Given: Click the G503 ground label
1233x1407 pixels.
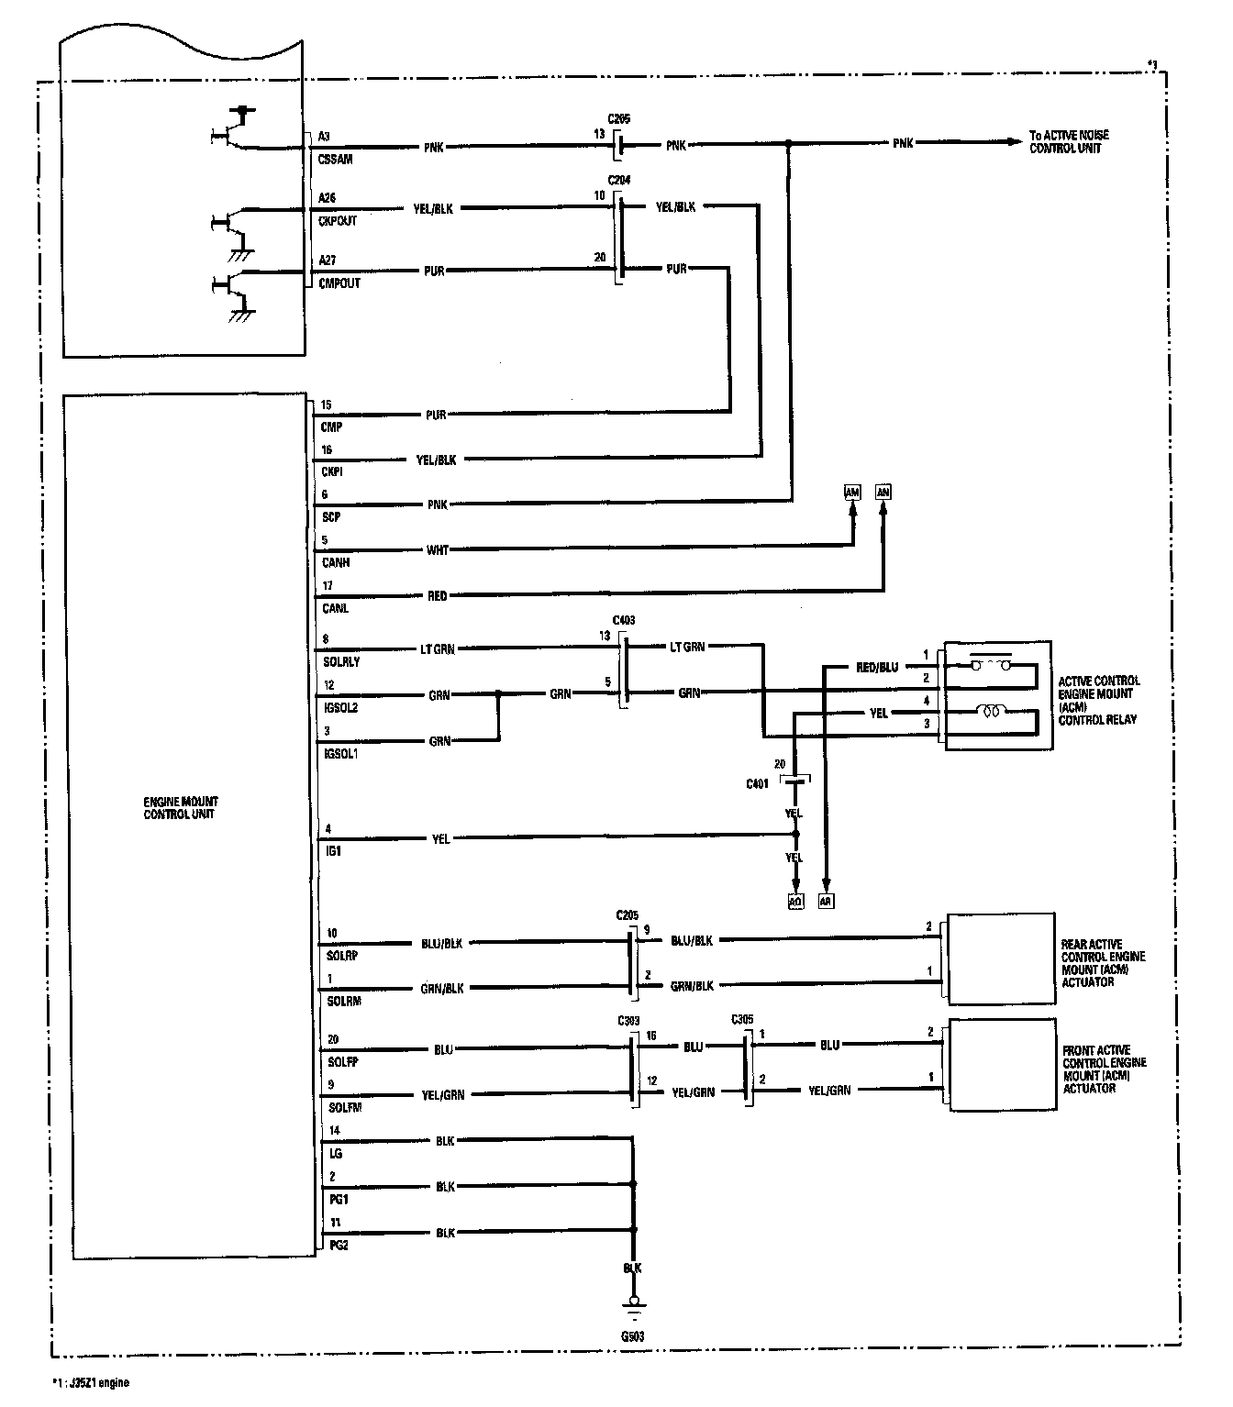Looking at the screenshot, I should (632, 1336).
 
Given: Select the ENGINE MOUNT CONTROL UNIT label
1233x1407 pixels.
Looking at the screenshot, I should (180, 808).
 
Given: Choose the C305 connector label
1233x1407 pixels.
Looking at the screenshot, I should (743, 1019).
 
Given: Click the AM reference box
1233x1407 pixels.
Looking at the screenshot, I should (852, 493).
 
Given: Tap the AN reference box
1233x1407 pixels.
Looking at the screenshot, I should (883, 493).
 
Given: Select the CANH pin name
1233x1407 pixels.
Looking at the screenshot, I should (336, 562).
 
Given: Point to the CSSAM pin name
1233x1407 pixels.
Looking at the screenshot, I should (335, 160).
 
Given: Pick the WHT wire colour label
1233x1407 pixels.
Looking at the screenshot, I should (438, 550).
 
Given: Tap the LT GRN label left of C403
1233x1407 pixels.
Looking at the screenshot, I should (437, 649).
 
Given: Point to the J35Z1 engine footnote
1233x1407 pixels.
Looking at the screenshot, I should (91, 1383).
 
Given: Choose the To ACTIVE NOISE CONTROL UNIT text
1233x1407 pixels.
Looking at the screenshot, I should (1070, 141).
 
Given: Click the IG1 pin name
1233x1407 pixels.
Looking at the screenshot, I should (332, 851).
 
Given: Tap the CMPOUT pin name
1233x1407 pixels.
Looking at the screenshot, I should (339, 283).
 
